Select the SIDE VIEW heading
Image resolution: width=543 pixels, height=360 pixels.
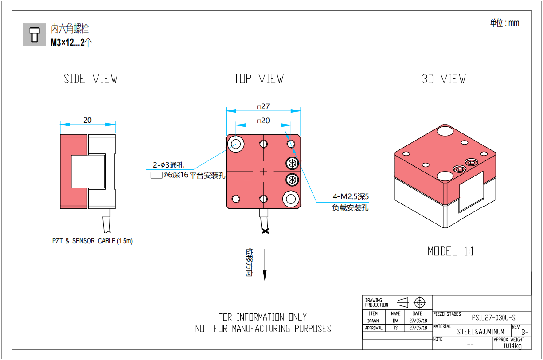coord(90,79)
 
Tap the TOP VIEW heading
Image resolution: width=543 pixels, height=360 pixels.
coord(259,79)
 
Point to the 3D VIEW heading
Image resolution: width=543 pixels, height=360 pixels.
coord(444,79)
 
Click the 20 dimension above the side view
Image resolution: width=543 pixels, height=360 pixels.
coord(87,120)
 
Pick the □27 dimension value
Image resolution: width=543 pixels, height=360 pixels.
coord(263,106)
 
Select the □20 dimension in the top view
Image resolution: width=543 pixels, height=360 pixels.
coord(263,121)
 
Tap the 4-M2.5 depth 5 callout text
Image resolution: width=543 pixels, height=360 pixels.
coord(351,196)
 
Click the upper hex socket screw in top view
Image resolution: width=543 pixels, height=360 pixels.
coord(292,164)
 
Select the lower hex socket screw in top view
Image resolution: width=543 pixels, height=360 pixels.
coord(292,180)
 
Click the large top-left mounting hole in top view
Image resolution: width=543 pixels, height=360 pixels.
coord(235,144)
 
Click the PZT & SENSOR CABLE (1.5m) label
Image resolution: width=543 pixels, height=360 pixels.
coord(92,241)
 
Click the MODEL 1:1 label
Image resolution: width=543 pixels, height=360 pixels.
coord(450,251)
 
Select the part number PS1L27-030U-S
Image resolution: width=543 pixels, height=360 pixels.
coord(493,317)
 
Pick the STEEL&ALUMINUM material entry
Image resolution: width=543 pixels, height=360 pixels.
coord(480,332)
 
